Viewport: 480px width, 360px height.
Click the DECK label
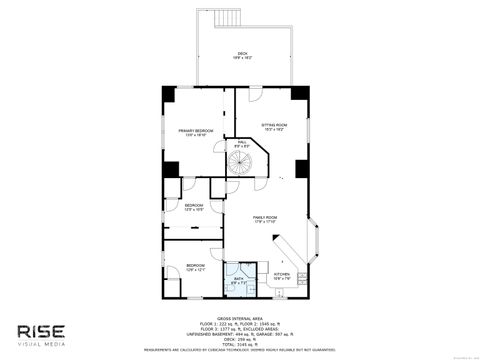pos(242,55)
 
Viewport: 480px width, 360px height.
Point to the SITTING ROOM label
pos(275,126)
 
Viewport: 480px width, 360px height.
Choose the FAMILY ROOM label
pos(265,219)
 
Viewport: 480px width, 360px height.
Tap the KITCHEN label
pos(283,275)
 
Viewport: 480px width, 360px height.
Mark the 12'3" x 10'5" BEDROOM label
pos(194,207)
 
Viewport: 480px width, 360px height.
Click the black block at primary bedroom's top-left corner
pos(170,94)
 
